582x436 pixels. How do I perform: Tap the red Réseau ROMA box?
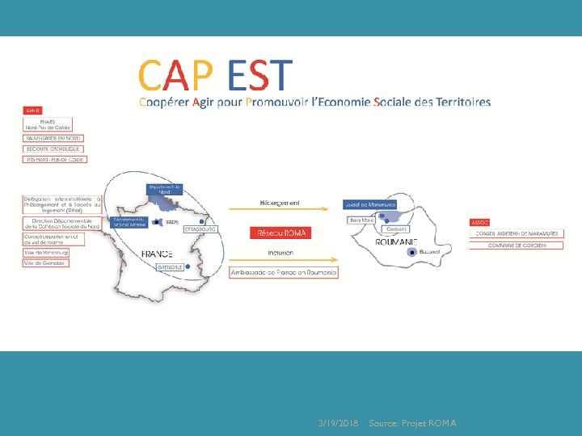(x=281, y=233)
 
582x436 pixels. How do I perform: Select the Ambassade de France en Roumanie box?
(x=283, y=272)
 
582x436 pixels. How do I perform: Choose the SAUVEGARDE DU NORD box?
(x=53, y=138)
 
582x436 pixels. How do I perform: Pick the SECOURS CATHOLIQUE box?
(x=53, y=149)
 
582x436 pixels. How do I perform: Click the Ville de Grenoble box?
(x=45, y=263)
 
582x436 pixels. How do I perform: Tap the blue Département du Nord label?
(x=164, y=189)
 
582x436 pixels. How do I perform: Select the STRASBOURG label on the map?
(x=200, y=229)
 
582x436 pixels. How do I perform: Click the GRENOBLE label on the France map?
(x=170, y=266)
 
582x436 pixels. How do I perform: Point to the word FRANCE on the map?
(x=158, y=254)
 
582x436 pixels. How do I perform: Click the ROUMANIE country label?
(x=396, y=241)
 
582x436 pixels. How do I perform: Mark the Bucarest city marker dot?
(x=411, y=252)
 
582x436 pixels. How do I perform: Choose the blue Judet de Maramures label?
(x=369, y=203)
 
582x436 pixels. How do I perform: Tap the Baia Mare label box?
(x=361, y=220)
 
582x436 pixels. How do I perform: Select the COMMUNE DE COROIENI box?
(x=517, y=245)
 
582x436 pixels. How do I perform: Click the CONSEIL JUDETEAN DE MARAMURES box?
(x=517, y=234)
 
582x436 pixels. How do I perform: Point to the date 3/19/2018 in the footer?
(x=338, y=423)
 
